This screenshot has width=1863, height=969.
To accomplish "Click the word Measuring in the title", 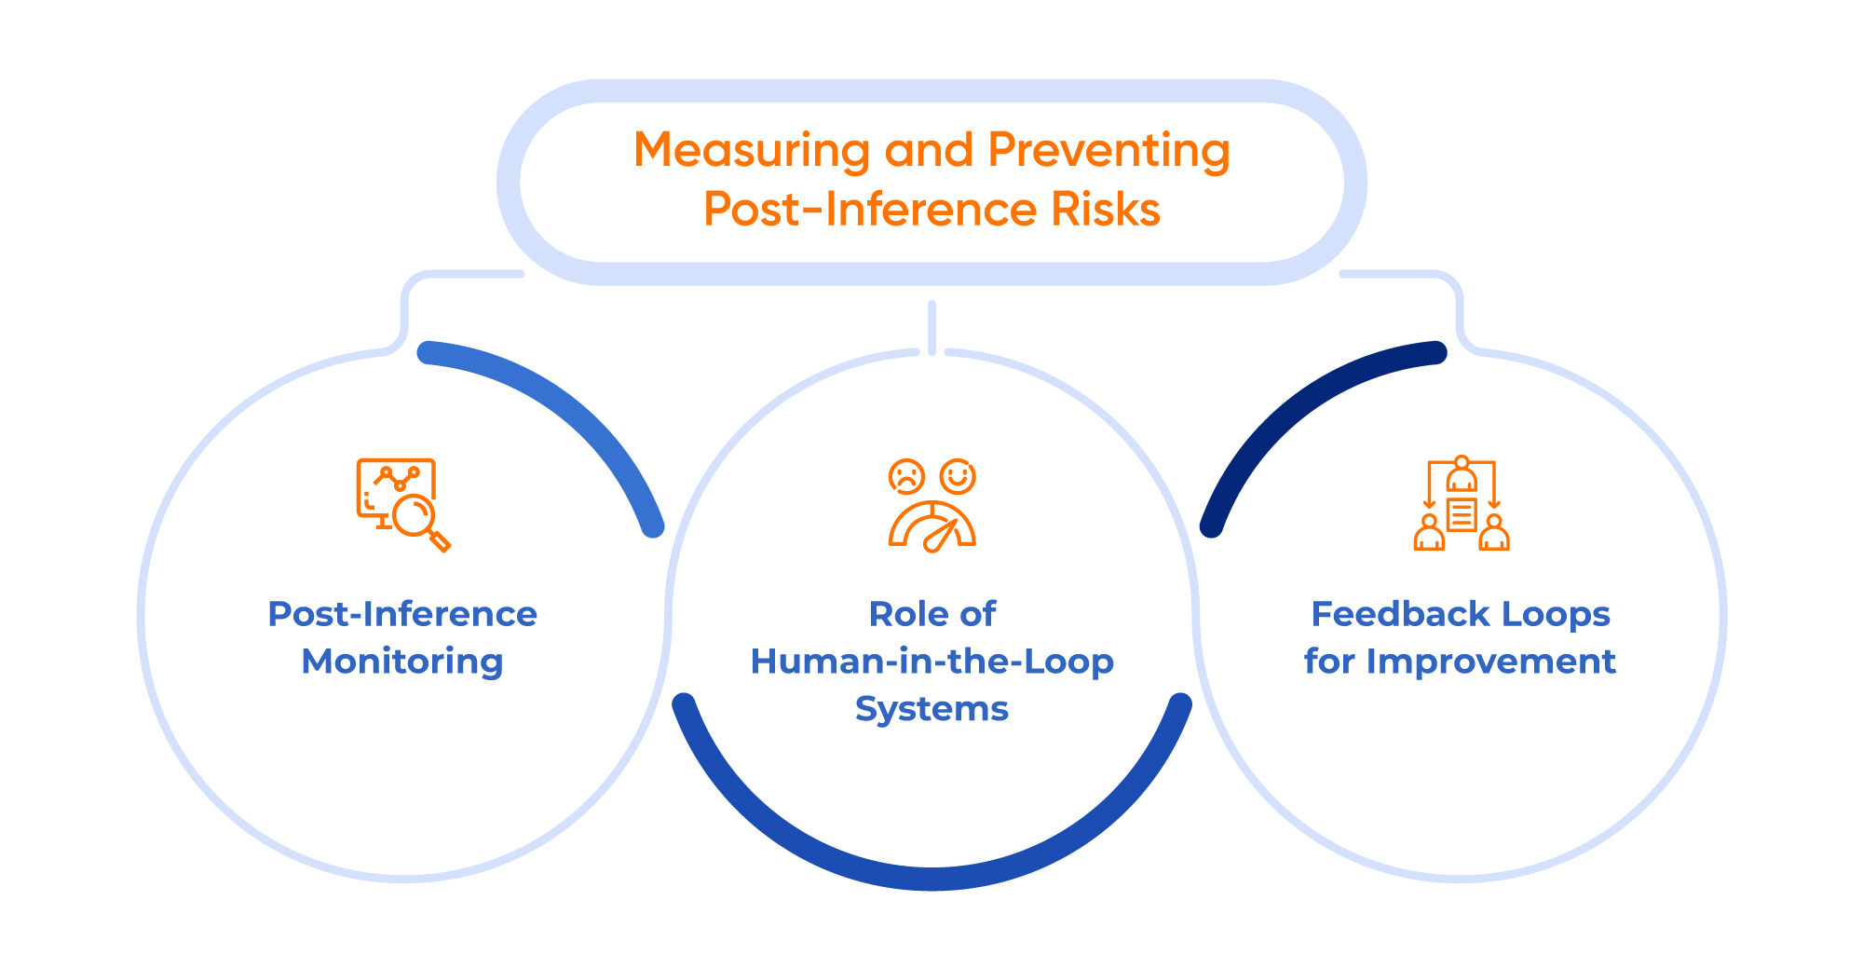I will pyautogui.click(x=751, y=151).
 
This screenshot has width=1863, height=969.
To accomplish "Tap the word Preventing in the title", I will pyautogui.click(x=1108, y=151).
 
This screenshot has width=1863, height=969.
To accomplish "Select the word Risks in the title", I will pyautogui.click(x=1106, y=210).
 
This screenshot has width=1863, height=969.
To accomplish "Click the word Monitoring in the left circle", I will pyautogui.click(x=402, y=662).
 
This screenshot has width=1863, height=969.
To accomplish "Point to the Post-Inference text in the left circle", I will pyautogui.click(x=402, y=614).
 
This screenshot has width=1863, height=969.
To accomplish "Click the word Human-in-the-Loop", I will pyautogui.click(x=931, y=662).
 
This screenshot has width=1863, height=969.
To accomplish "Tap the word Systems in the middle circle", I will pyautogui.click(x=931, y=709).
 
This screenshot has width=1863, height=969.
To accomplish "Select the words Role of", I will pyautogui.click(x=931, y=614).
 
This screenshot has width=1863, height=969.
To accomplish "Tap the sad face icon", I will pyautogui.click(x=905, y=476).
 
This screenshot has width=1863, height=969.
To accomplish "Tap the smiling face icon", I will pyautogui.click(x=958, y=476).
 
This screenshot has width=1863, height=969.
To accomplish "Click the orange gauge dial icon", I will pyautogui.click(x=931, y=527).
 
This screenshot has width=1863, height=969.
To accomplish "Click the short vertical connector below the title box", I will pyautogui.click(x=931, y=326).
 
